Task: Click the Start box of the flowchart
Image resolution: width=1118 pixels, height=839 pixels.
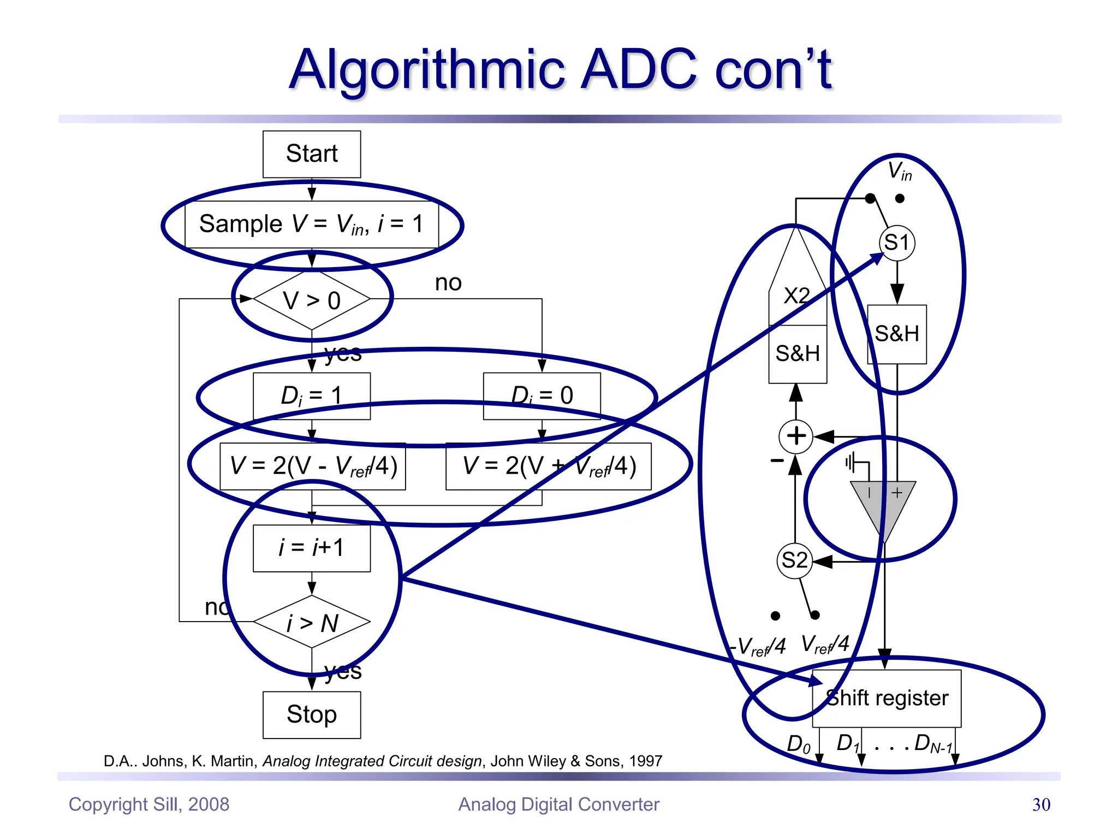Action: [312, 154]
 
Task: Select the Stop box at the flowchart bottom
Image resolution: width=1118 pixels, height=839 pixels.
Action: [312, 714]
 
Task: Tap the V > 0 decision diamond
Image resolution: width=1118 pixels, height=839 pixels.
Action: [312, 300]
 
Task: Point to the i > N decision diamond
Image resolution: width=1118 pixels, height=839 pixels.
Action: [312, 622]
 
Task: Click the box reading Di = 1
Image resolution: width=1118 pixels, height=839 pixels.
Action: [312, 396]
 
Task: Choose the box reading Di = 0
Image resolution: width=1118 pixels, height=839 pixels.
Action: [542, 396]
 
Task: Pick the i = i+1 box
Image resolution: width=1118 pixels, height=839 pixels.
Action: [312, 548]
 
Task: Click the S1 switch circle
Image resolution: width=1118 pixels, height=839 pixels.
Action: [897, 243]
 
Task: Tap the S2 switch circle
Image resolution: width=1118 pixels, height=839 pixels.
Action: [794, 560]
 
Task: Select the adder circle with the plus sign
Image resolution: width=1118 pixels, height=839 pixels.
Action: [796, 436]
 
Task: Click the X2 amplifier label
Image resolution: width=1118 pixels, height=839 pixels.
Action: [796, 296]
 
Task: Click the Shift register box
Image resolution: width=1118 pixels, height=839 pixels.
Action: [887, 699]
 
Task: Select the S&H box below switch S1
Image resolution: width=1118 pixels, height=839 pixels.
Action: [897, 334]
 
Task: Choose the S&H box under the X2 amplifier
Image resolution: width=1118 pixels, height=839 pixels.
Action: [798, 354]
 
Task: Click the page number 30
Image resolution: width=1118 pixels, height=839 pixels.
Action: [1041, 805]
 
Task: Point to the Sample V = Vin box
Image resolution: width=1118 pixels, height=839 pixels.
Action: [312, 224]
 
